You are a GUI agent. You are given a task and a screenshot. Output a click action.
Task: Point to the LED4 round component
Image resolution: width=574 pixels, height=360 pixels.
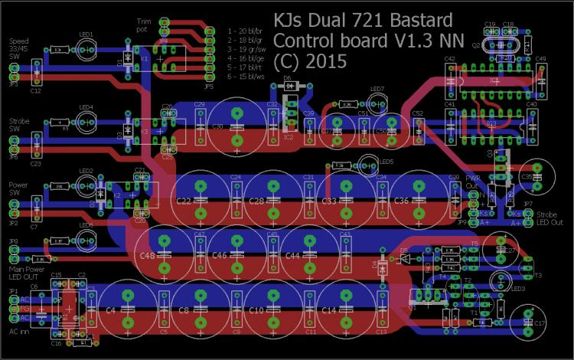click(x=85, y=122)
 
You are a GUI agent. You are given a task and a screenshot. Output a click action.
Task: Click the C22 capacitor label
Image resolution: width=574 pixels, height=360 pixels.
click(x=184, y=201)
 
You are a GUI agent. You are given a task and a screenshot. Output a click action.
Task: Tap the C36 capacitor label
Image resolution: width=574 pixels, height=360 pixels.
click(x=401, y=201)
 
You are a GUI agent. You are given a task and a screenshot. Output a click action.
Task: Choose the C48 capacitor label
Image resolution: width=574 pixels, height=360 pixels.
click(x=147, y=255)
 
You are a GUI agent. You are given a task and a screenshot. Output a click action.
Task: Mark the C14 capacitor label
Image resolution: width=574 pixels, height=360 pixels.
click(x=328, y=310)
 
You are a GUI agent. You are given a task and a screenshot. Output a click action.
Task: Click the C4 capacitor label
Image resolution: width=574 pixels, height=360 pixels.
click(x=110, y=310)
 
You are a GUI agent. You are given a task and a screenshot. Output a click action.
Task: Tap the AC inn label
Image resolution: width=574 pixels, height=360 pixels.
click(x=18, y=332)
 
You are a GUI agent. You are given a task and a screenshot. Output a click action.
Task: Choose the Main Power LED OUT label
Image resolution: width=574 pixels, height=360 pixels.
click(x=26, y=273)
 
